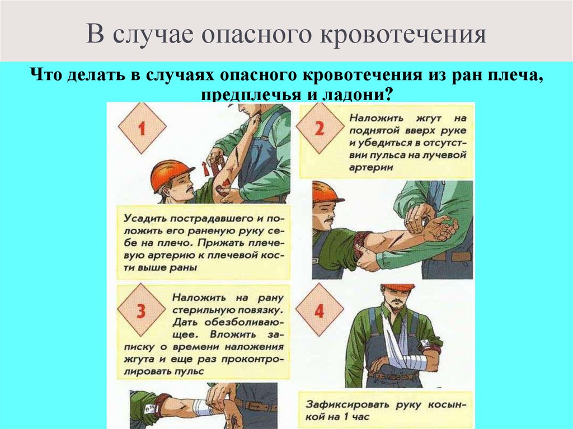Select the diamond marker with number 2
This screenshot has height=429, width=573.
pyautogui.click(x=319, y=128)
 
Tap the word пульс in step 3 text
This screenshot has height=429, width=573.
pyautogui.click(x=189, y=370)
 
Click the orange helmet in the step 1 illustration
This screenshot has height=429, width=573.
pyautogui.click(x=170, y=172)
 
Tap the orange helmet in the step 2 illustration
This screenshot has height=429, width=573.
pyautogui.click(x=326, y=192)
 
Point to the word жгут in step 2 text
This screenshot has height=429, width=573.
pyautogui.click(x=412, y=118)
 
